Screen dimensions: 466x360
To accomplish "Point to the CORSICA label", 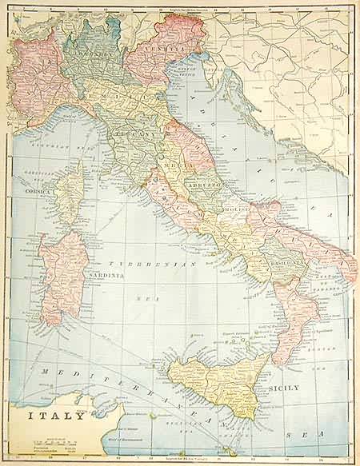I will pyautogui.click(x=37, y=193).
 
